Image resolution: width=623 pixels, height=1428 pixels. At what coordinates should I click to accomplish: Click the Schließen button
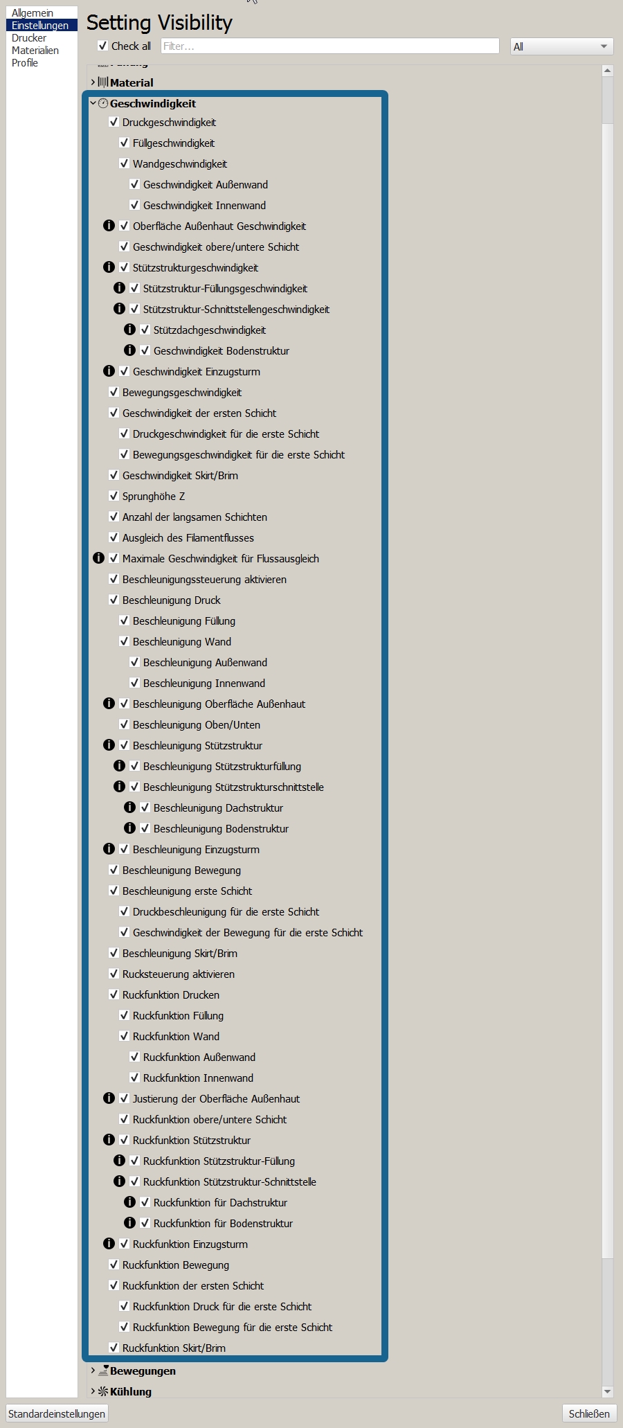point(589,1413)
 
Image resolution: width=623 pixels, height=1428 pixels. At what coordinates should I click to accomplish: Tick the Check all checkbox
point(103,46)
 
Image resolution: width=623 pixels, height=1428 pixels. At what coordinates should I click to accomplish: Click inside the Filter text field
point(329,46)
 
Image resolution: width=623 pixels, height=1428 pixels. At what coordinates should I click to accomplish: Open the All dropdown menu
point(561,46)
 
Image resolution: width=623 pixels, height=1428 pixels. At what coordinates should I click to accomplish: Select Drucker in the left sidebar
point(29,38)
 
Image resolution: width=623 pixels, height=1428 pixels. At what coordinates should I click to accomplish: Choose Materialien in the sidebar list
point(35,51)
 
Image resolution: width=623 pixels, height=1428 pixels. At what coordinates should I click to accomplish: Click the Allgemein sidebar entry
point(33,13)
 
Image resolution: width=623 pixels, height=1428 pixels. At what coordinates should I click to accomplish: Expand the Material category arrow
point(93,82)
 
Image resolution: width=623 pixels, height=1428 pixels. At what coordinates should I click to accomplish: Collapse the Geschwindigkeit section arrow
point(93,103)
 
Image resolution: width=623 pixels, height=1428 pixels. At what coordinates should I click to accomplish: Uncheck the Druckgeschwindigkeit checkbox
point(114,122)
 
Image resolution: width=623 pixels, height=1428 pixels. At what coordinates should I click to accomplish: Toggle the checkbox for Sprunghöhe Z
point(114,496)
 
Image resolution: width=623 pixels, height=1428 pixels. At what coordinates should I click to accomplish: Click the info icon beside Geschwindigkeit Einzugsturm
point(109,371)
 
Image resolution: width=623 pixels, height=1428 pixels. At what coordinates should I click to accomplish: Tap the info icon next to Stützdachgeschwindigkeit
point(129,330)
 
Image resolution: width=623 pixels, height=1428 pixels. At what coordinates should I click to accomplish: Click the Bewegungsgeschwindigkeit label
point(182,392)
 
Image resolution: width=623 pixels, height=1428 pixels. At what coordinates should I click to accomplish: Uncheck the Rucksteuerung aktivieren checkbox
point(114,974)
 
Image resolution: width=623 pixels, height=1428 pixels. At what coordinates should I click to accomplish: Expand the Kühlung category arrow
point(93,1391)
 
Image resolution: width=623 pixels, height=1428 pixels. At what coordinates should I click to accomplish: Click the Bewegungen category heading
point(143,1371)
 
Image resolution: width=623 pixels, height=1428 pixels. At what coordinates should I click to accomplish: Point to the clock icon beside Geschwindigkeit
point(103,103)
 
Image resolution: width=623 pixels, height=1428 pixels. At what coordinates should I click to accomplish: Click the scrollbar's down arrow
point(608,1391)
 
